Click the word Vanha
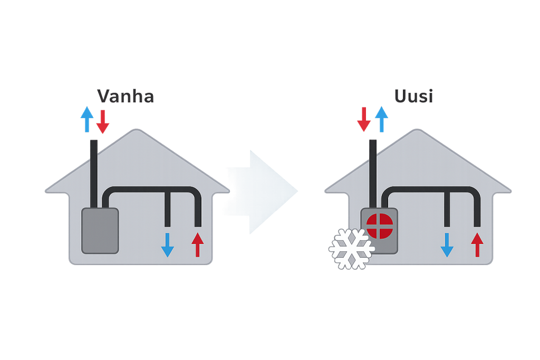126,96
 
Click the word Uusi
413,96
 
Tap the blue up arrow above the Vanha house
87,119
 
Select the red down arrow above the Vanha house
103,121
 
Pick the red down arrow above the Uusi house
364,119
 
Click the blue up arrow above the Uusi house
381,119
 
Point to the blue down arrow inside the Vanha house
167,245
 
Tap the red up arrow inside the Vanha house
198,245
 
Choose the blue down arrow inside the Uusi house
447,245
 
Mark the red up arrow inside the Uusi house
477,245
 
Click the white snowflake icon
352,248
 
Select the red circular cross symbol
380,226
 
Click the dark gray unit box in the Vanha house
100,231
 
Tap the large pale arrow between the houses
262,192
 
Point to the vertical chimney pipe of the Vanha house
94,174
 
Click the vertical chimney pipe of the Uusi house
373,174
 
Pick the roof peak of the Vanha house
137,130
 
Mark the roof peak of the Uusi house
417,130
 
